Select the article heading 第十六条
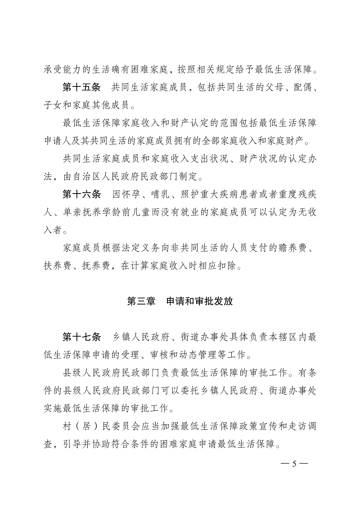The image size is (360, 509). pyautogui.click(x=81, y=195)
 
